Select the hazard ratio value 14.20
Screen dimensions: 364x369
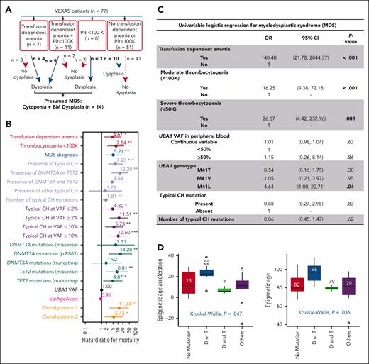(x=130, y=269)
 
